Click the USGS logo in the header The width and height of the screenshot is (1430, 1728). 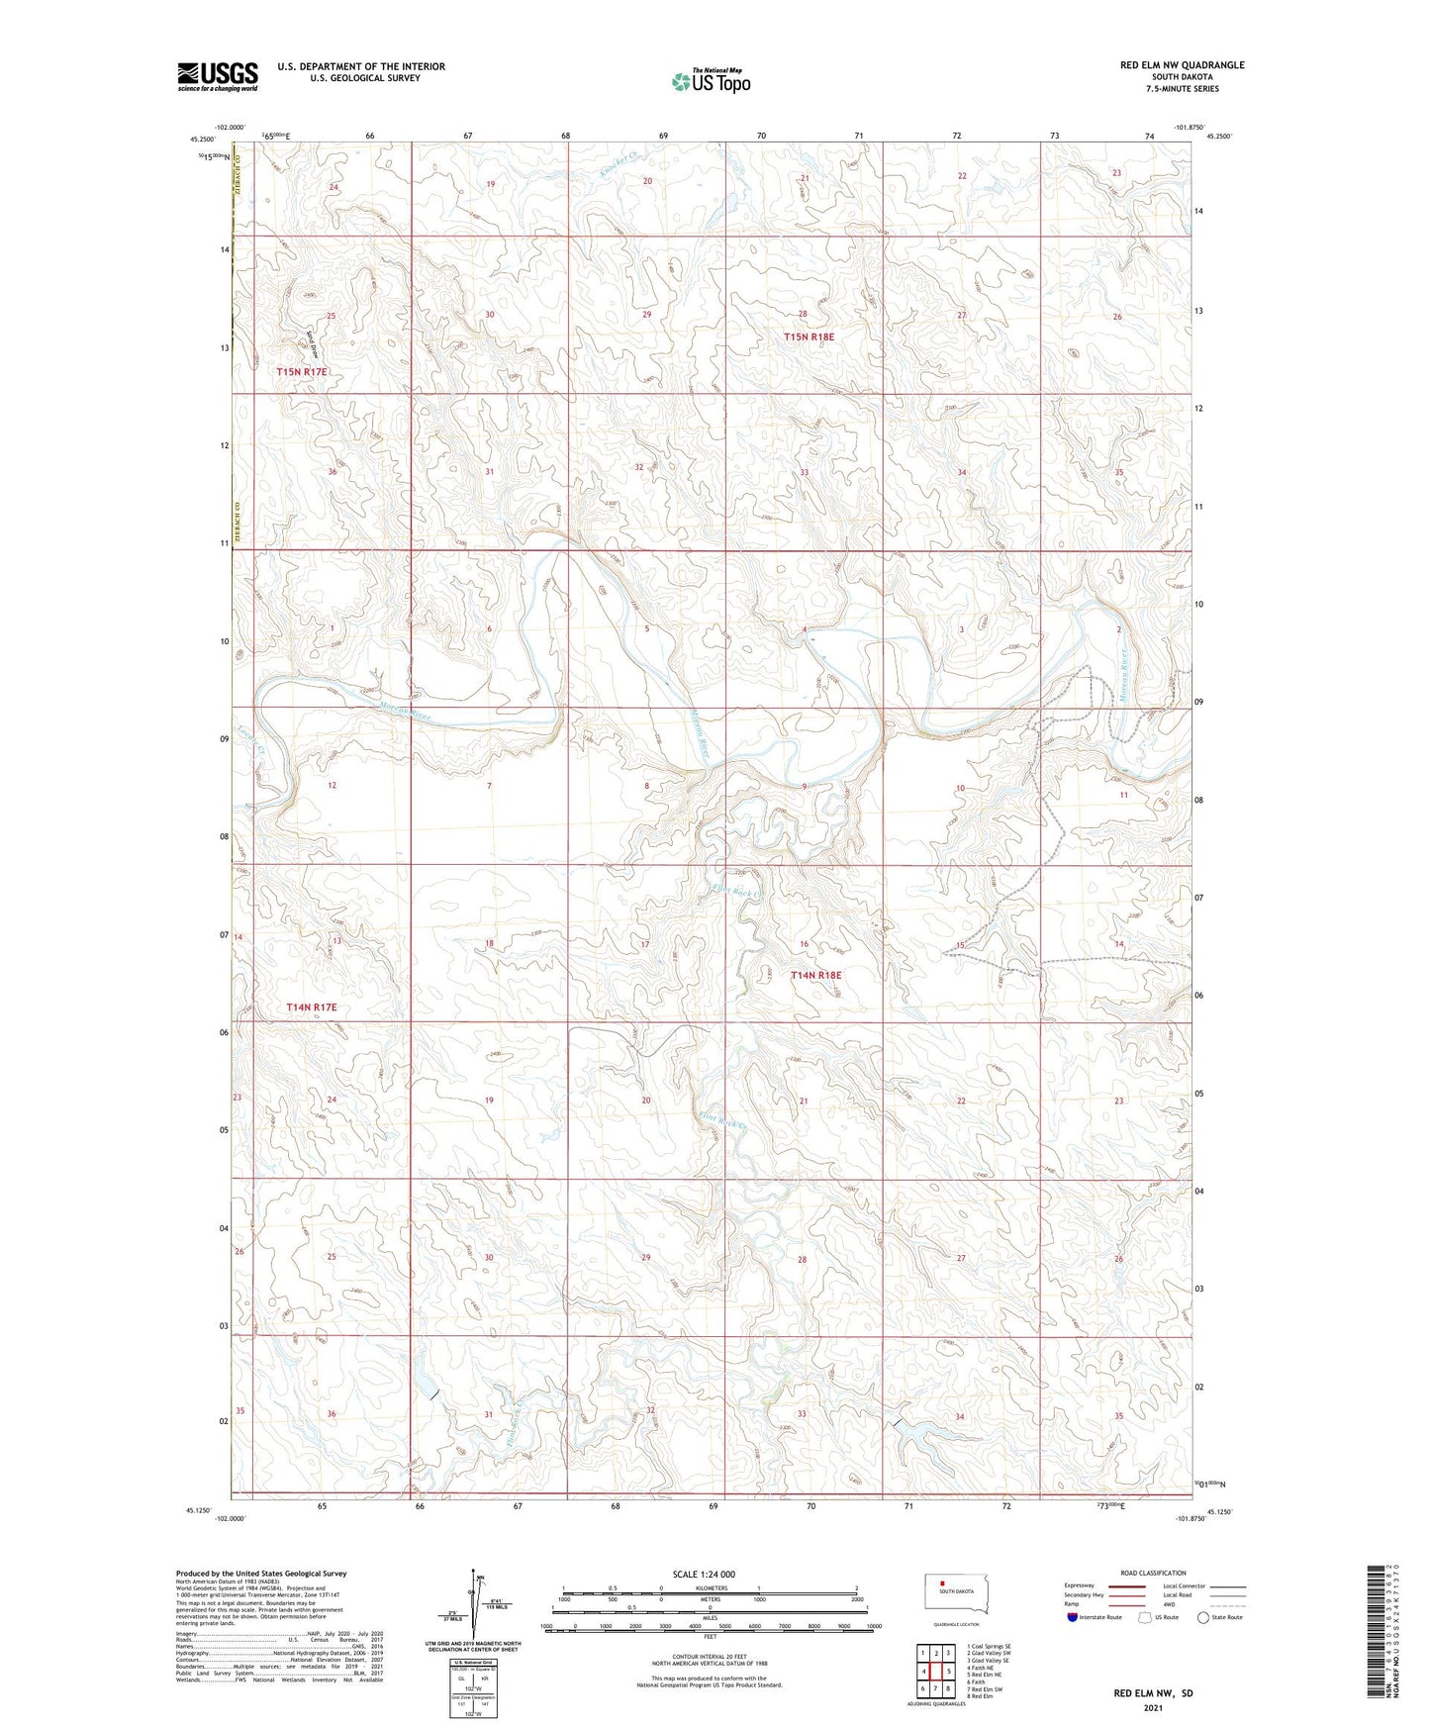218,76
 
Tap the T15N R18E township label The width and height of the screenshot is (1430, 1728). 809,337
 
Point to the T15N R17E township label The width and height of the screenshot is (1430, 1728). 301,372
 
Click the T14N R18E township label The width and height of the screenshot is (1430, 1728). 815,976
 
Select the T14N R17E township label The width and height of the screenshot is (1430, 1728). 312,1008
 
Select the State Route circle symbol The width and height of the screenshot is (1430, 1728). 1203,1617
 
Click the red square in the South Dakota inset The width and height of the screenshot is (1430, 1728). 942,1582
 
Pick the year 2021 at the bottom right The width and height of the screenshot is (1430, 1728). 1153,1708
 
